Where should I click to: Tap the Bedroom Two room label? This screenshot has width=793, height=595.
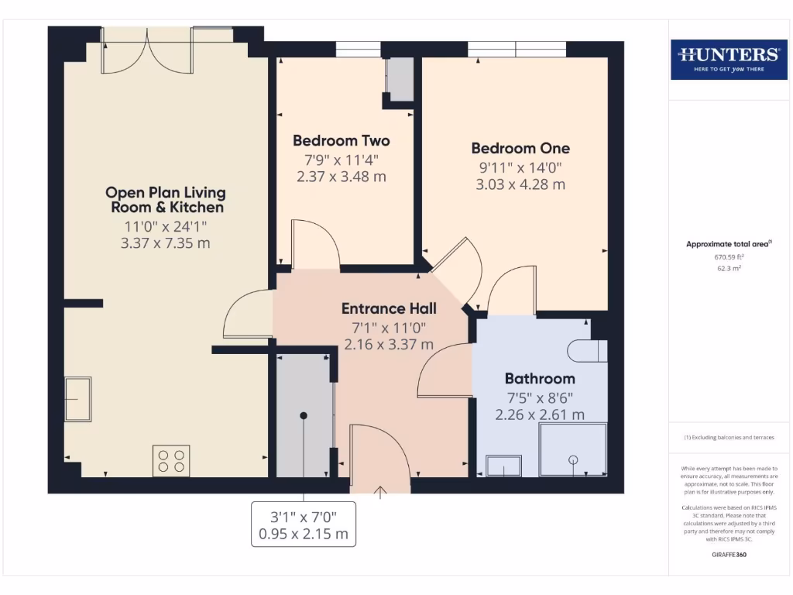pyautogui.click(x=341, y=141)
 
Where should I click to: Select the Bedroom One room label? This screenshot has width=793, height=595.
pyautogui.click(x=520, y=148)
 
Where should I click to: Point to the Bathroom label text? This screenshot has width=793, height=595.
pyautogui.click(x=540, y=379)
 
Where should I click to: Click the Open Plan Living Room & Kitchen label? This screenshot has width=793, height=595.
pyautogui.click(x=166, y=200)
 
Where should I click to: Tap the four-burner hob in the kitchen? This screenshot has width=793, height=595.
pyautogui.click(x=171, y=461)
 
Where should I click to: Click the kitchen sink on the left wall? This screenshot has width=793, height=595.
pyautogui.click(x=77, y=399)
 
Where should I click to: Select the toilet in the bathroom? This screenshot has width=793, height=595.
pyautogui.click(x=588, y=351)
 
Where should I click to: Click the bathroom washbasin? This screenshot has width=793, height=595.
pyautogui.click(x=503, y=466)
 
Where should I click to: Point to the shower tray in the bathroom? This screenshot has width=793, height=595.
pyautogui.click(x=573, y=449)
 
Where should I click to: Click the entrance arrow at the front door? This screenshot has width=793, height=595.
pyautogui.click(x=380, y=493)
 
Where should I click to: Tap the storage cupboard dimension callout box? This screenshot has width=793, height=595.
pyautogui.click(x=304, y=524)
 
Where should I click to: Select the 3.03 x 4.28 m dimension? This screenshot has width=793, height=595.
pyautogui.click(x=520, y=184)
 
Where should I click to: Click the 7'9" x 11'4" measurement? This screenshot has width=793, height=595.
pyautogui.click(x=341, y=160)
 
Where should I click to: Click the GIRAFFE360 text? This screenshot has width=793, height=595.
pyautogui.click(x=729, y=555)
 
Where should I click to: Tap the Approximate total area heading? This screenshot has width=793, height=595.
pyautogui.click(x=729, y=244)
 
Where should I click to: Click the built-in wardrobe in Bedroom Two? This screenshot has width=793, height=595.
pyautogui.click(x=400, y=78)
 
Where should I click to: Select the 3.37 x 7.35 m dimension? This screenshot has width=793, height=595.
pyautogui.click(x=166, y=243)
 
